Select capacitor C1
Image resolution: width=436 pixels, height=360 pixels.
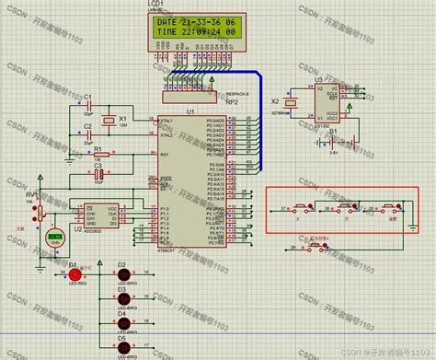[89, 104]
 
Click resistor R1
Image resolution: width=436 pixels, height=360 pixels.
[98, 155]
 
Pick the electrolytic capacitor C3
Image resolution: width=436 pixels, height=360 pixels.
[98, 174]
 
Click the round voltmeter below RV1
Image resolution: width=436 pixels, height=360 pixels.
[54, 237]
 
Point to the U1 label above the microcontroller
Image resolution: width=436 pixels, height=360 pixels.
[190, 111]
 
